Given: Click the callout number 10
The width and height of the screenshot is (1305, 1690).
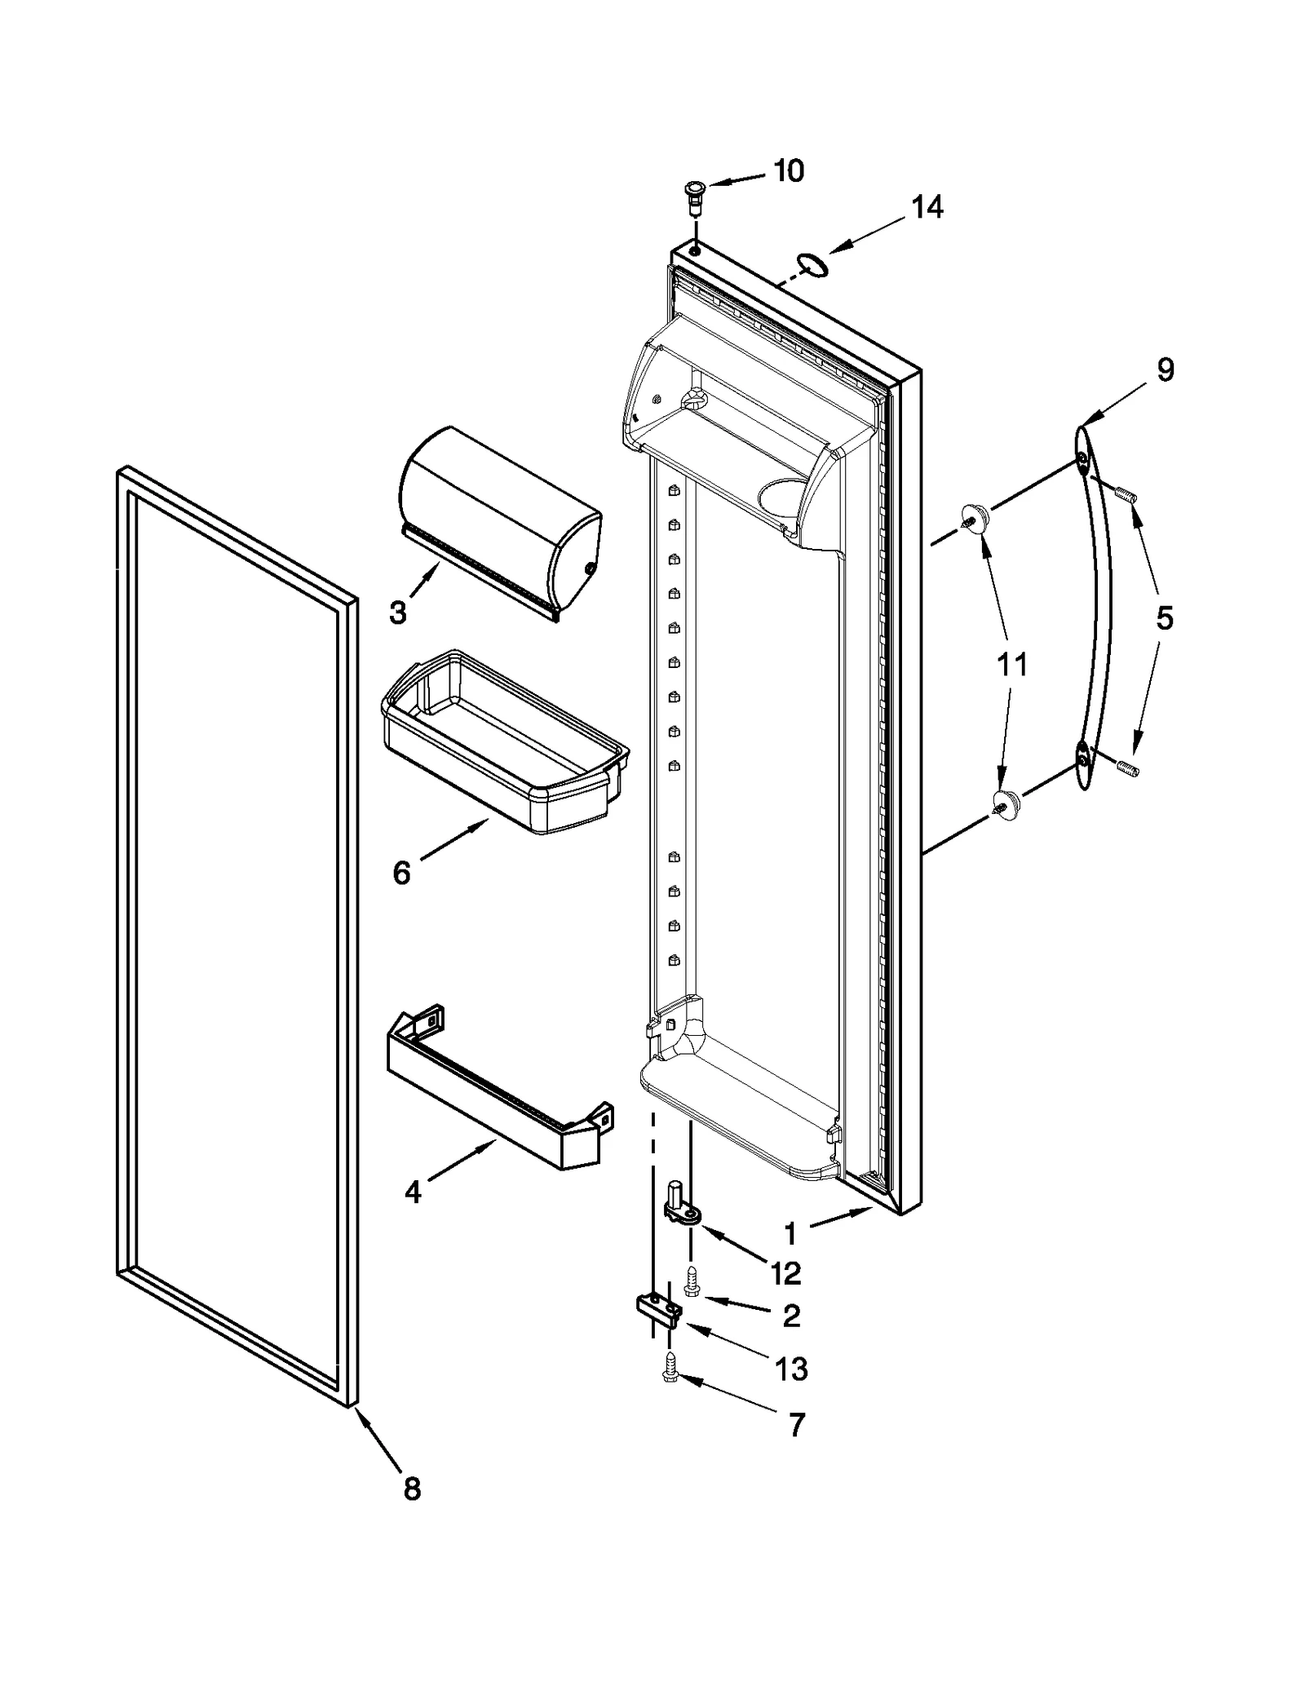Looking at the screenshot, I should (788, 171).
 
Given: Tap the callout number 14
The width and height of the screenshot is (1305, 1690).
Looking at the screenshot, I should (927, 207).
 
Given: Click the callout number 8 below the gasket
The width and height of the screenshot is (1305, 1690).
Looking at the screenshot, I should (412, 1489).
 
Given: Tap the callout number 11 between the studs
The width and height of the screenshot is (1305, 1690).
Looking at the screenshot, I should (1012, 665).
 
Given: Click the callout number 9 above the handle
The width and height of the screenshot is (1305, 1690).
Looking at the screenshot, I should (1166, 370).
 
